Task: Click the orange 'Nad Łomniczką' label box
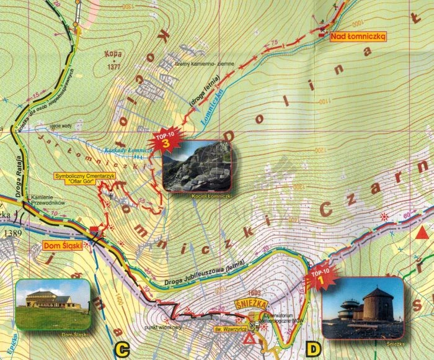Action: pos(358,37)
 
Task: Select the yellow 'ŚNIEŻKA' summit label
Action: pos(249,304)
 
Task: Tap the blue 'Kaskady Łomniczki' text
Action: pos(126,151)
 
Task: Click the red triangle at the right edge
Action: pos(423,233)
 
